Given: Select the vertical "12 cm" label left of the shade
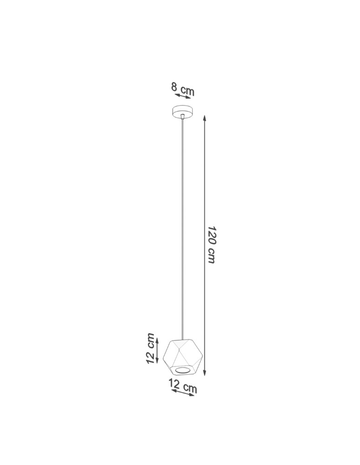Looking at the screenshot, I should pyautogui.click(x=150, y=348).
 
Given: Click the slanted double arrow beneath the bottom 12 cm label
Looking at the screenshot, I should pyautogui.click(x=182, y=393).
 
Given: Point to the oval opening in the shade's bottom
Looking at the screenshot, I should pyautogui.click(x=183, y=370).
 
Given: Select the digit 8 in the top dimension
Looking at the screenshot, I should pyautogui.click(x=174, y=86).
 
